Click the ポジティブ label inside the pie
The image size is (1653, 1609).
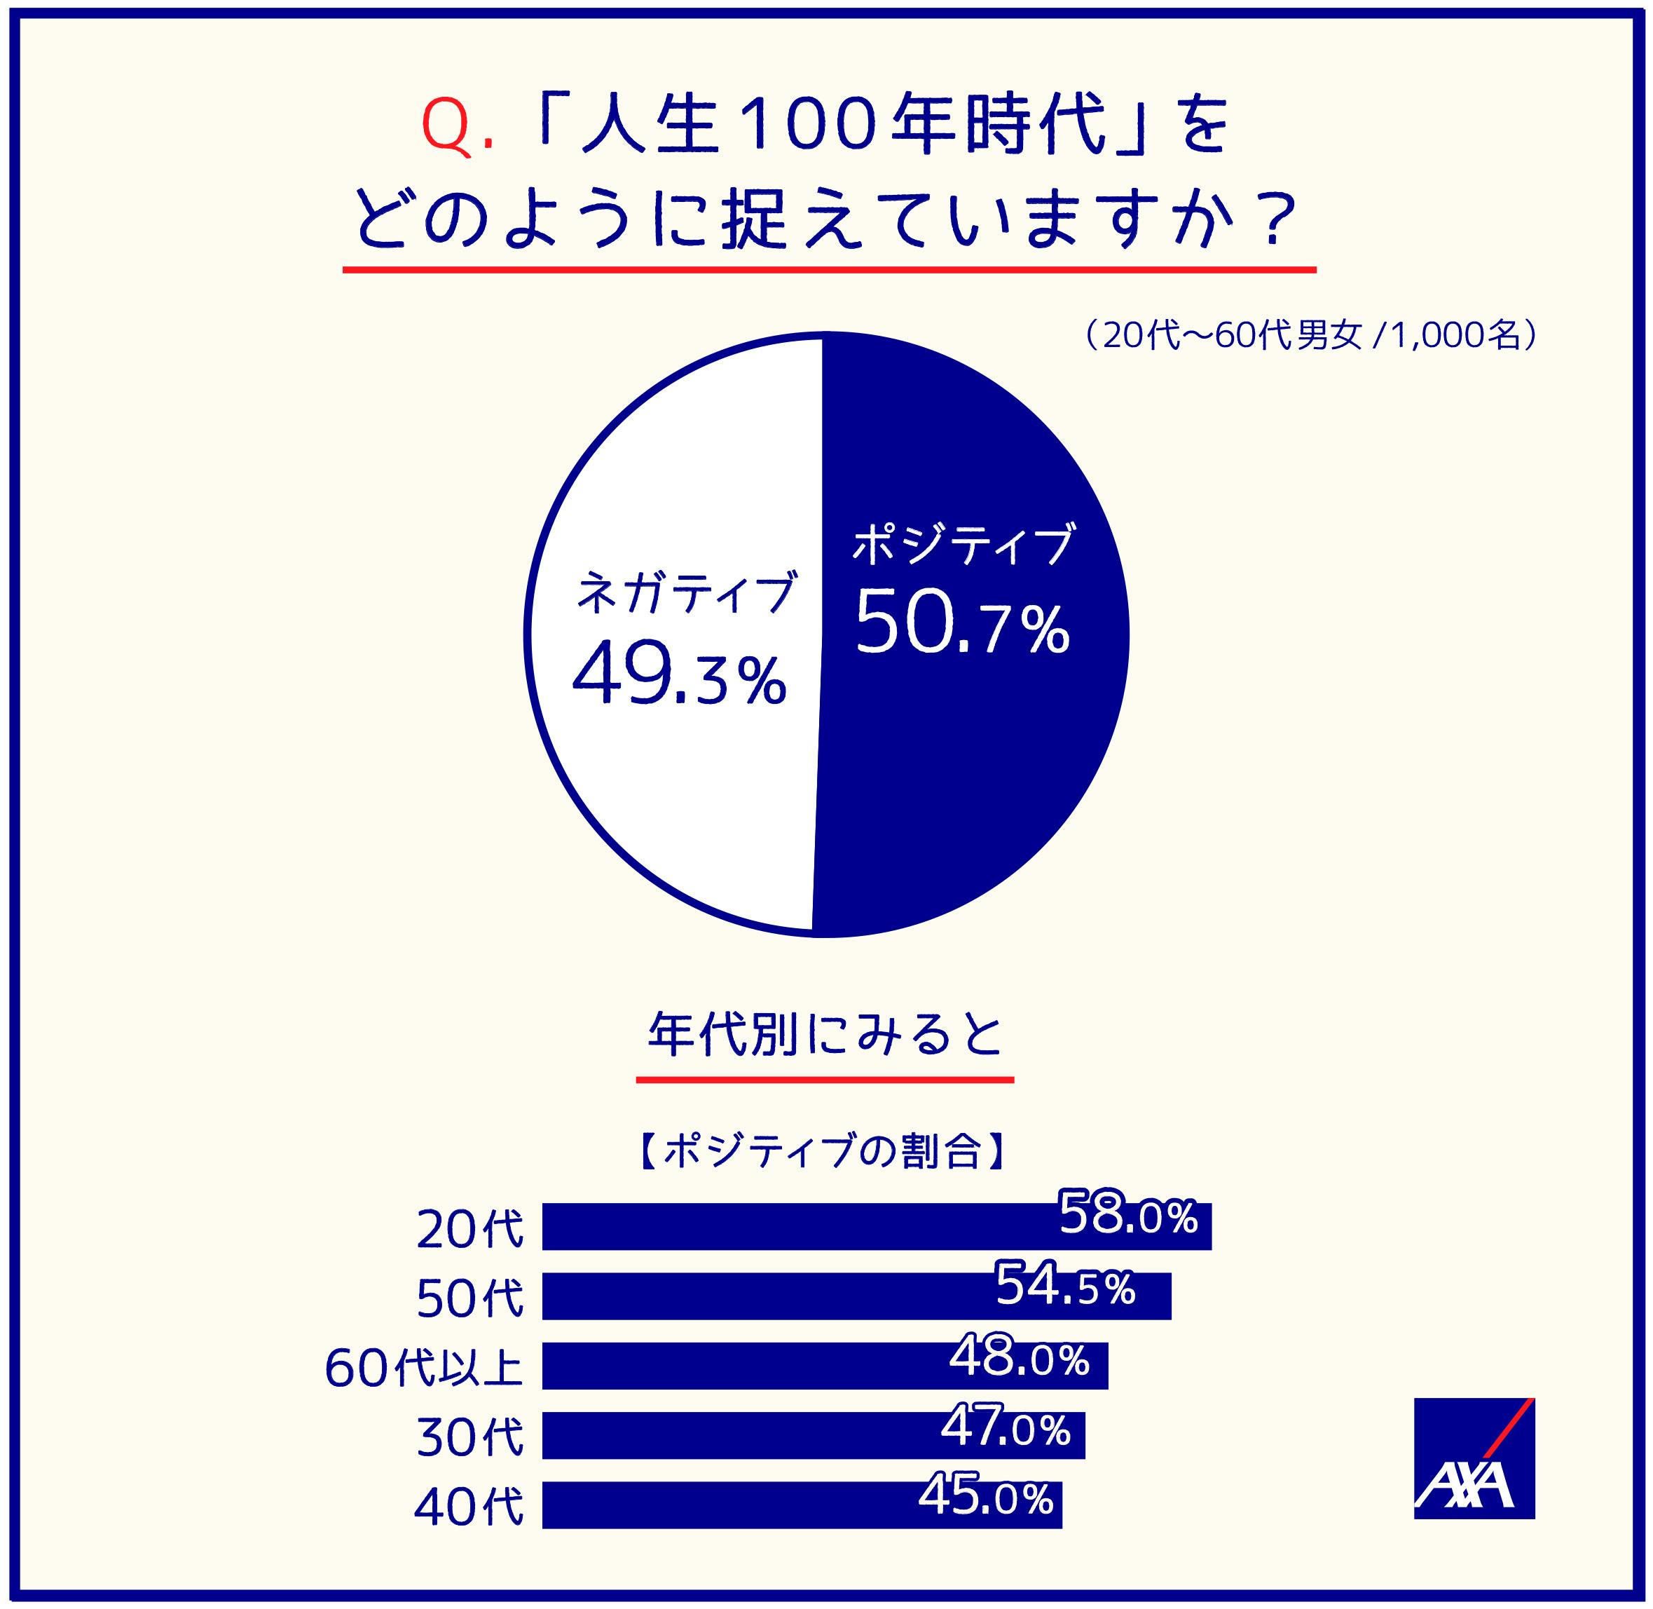coord(961,545)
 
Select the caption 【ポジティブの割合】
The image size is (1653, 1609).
coord(823,1151)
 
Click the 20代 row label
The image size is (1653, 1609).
coord(469,1230)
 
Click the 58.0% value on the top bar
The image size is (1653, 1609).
coord(1128,1214)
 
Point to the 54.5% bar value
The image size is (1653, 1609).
coord(1065,1284)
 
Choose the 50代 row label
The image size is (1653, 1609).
coord(469,1299)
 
